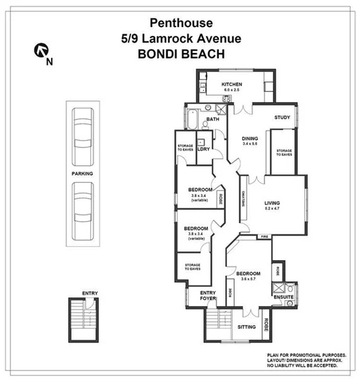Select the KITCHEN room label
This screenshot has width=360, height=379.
pos(231,85)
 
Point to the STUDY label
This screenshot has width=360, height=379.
pos(282,118)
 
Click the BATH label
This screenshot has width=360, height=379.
pos(212,119)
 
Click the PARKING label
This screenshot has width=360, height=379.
pos(83,173)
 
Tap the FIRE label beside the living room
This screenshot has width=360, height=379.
pos(264,237)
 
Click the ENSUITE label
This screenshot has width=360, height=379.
pos(283,297)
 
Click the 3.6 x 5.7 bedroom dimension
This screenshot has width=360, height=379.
pos(249,279)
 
